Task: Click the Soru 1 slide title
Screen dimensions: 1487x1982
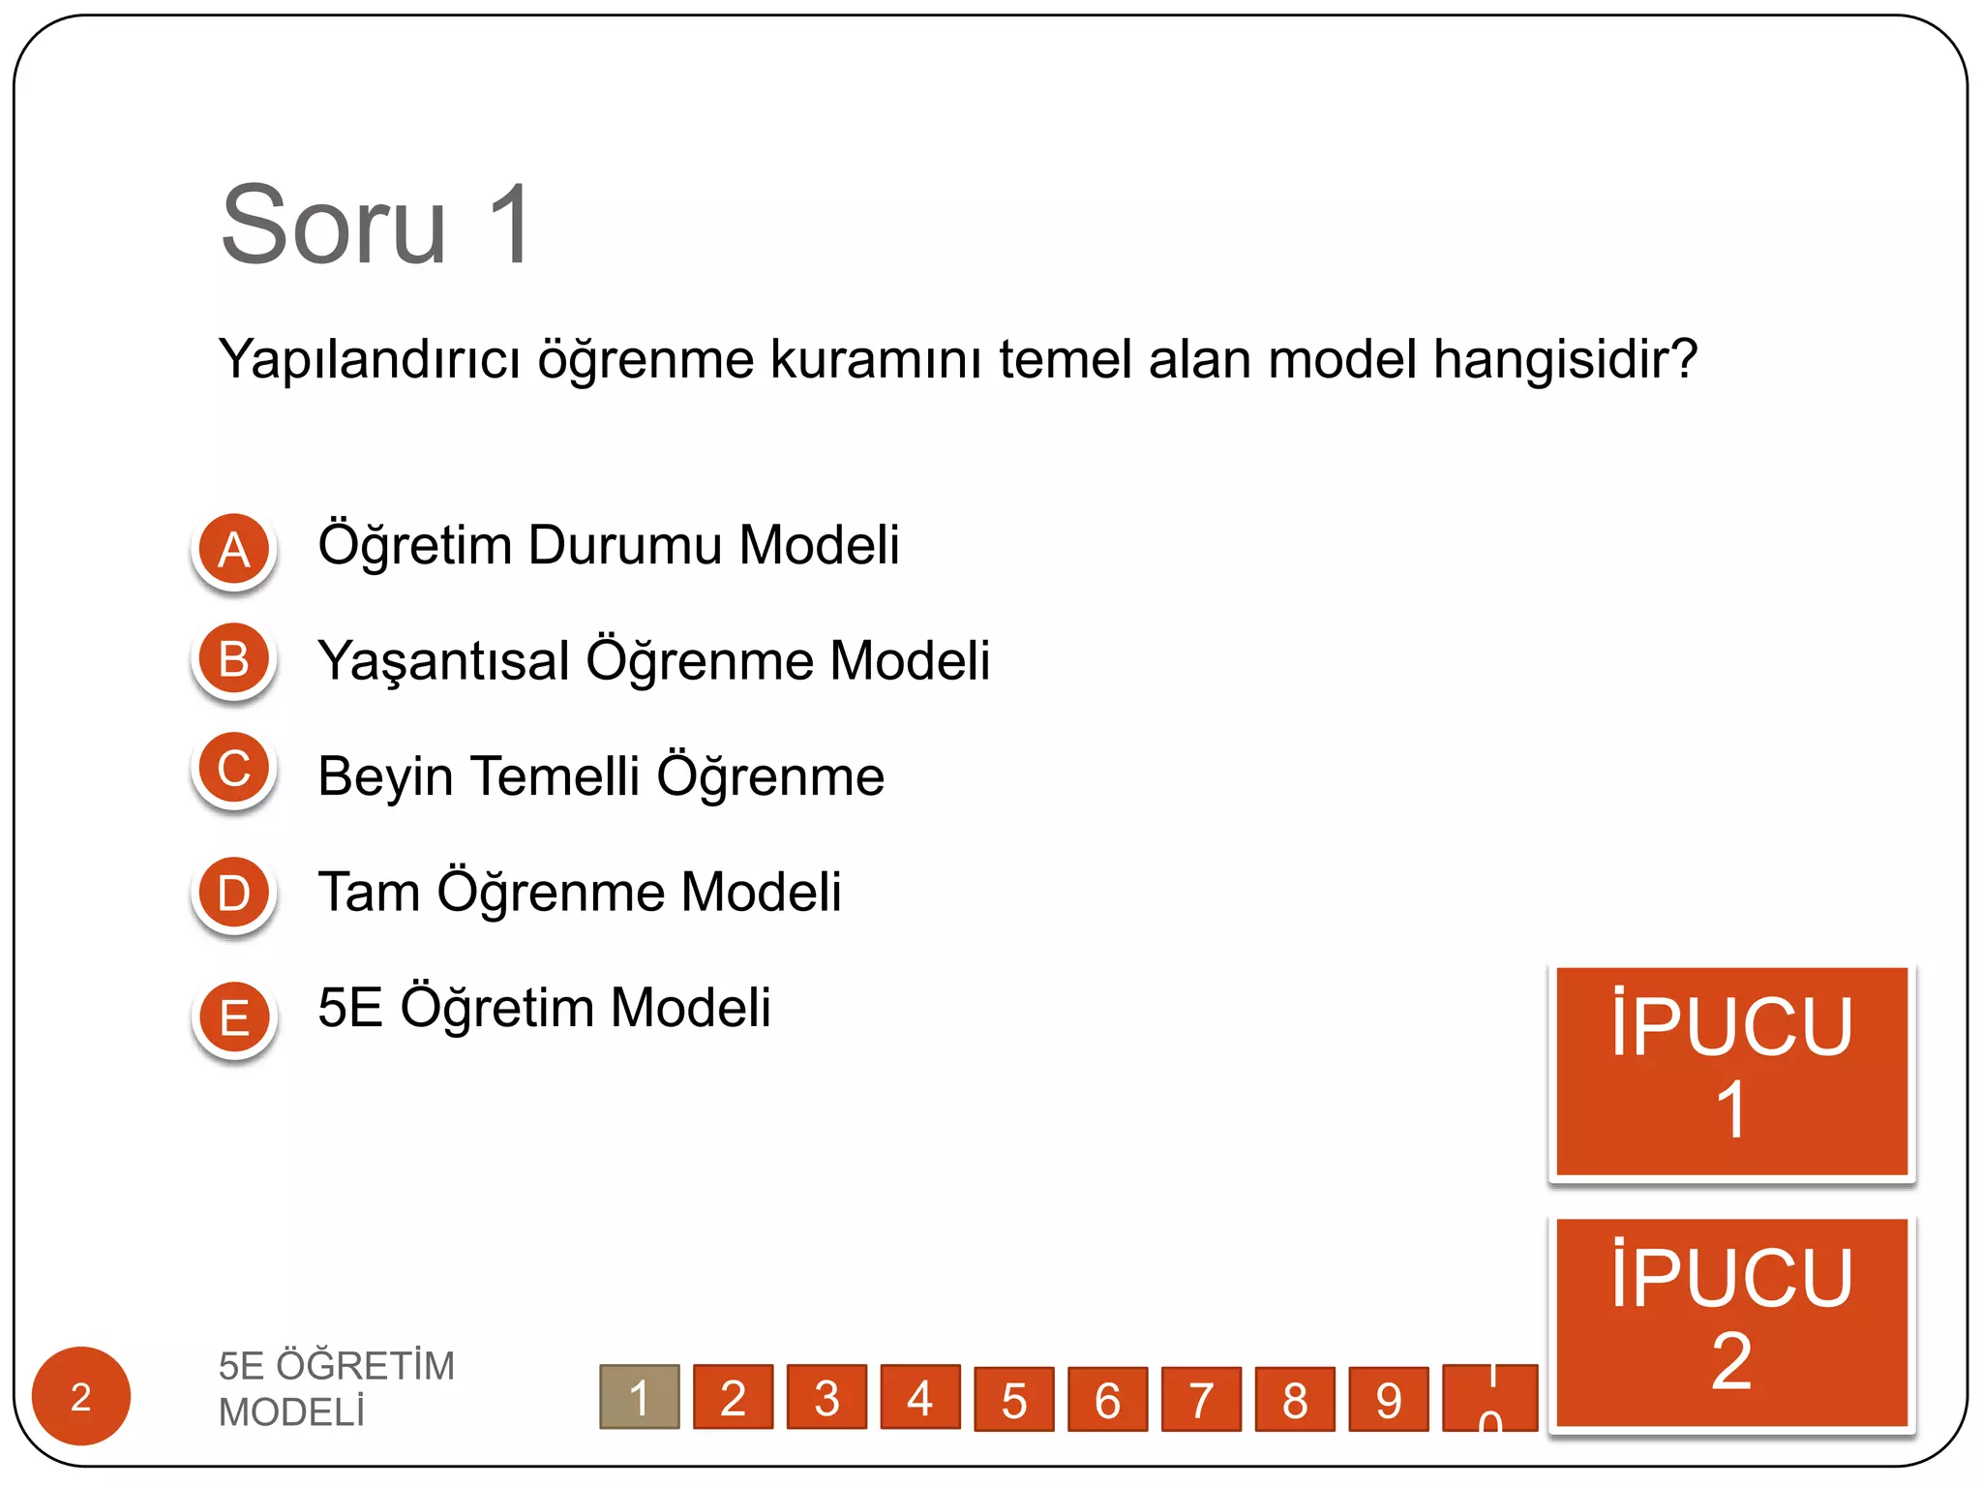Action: pos(375,225)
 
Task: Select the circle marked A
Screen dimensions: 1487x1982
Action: pos(234,549)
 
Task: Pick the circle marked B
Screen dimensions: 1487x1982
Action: pos(234,659)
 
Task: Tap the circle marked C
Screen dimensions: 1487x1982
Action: pos(234,769)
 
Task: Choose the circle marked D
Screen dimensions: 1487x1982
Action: pos(234,893)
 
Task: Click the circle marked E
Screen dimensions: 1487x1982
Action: pos(234,1017)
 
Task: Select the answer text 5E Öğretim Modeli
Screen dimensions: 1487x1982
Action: pos(544,1007)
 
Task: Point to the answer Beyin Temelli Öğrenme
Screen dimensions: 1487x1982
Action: pos(600,776)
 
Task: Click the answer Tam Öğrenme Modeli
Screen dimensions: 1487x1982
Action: pos(579,892)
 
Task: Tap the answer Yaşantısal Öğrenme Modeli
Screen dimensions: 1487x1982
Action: pos(653,660)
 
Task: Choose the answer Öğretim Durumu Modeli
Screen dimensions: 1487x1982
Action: pos(608,544)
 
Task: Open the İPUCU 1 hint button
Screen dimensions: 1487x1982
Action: pos(1731,1071)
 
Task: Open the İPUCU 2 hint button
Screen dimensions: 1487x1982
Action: pos(1731,1321)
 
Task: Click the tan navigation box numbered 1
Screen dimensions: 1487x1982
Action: pos(639,1397)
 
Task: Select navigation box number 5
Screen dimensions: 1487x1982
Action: pos(1013,1399)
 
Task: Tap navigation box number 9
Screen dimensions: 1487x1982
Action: pos(1388,1399)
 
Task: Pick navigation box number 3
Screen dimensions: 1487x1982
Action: pos(826,1397)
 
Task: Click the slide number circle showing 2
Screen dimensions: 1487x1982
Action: pos(81,1396)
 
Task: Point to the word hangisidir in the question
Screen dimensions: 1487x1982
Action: pos(1565,359)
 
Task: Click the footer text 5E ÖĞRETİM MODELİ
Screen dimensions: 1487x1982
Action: pos(336,1388)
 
